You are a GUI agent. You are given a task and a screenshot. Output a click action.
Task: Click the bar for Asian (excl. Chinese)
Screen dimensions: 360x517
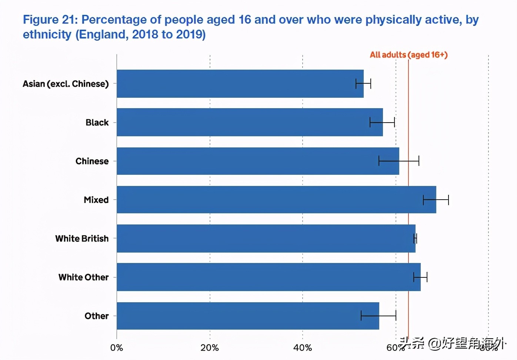pos(240,84)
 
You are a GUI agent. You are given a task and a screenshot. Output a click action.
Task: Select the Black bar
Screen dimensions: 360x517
pos(250,122)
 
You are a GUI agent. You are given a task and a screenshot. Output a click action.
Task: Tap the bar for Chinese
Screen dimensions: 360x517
pos(258,161)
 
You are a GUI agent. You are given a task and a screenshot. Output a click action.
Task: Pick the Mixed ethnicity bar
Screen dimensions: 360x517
pos(276,200)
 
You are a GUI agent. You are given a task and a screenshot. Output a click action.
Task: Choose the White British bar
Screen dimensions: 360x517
pos(266,239)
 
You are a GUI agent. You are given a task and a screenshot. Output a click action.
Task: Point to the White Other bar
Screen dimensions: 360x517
pos(268,277)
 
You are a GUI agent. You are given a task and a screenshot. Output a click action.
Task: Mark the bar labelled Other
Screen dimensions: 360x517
pos(248,316)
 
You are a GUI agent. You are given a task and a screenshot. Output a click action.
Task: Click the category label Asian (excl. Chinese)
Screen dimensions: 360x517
pos(66,84)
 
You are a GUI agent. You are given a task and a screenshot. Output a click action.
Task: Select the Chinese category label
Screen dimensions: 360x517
pos(92,161)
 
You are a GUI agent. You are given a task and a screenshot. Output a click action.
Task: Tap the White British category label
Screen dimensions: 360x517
pos(82,239)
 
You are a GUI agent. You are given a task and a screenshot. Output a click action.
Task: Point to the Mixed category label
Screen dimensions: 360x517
pos(96,200)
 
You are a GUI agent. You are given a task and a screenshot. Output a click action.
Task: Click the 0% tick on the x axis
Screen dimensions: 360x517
pos(117,348)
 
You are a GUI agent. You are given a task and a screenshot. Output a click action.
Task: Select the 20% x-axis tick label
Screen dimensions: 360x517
pos(210,348)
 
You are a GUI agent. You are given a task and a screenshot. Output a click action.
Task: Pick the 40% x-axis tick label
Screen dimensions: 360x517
pos(303,348)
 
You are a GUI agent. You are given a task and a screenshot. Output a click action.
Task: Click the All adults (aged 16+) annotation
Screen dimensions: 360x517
pos(408,55)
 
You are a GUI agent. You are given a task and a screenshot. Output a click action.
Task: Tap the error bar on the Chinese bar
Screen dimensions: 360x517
pos(399,161)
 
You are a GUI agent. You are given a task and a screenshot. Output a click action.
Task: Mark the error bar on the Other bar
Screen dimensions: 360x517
pos(378,316)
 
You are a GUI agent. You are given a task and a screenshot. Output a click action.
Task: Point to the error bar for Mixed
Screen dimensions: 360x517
pos(436,200)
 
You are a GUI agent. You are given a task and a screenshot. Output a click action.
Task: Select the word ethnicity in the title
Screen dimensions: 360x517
pos(47,34)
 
